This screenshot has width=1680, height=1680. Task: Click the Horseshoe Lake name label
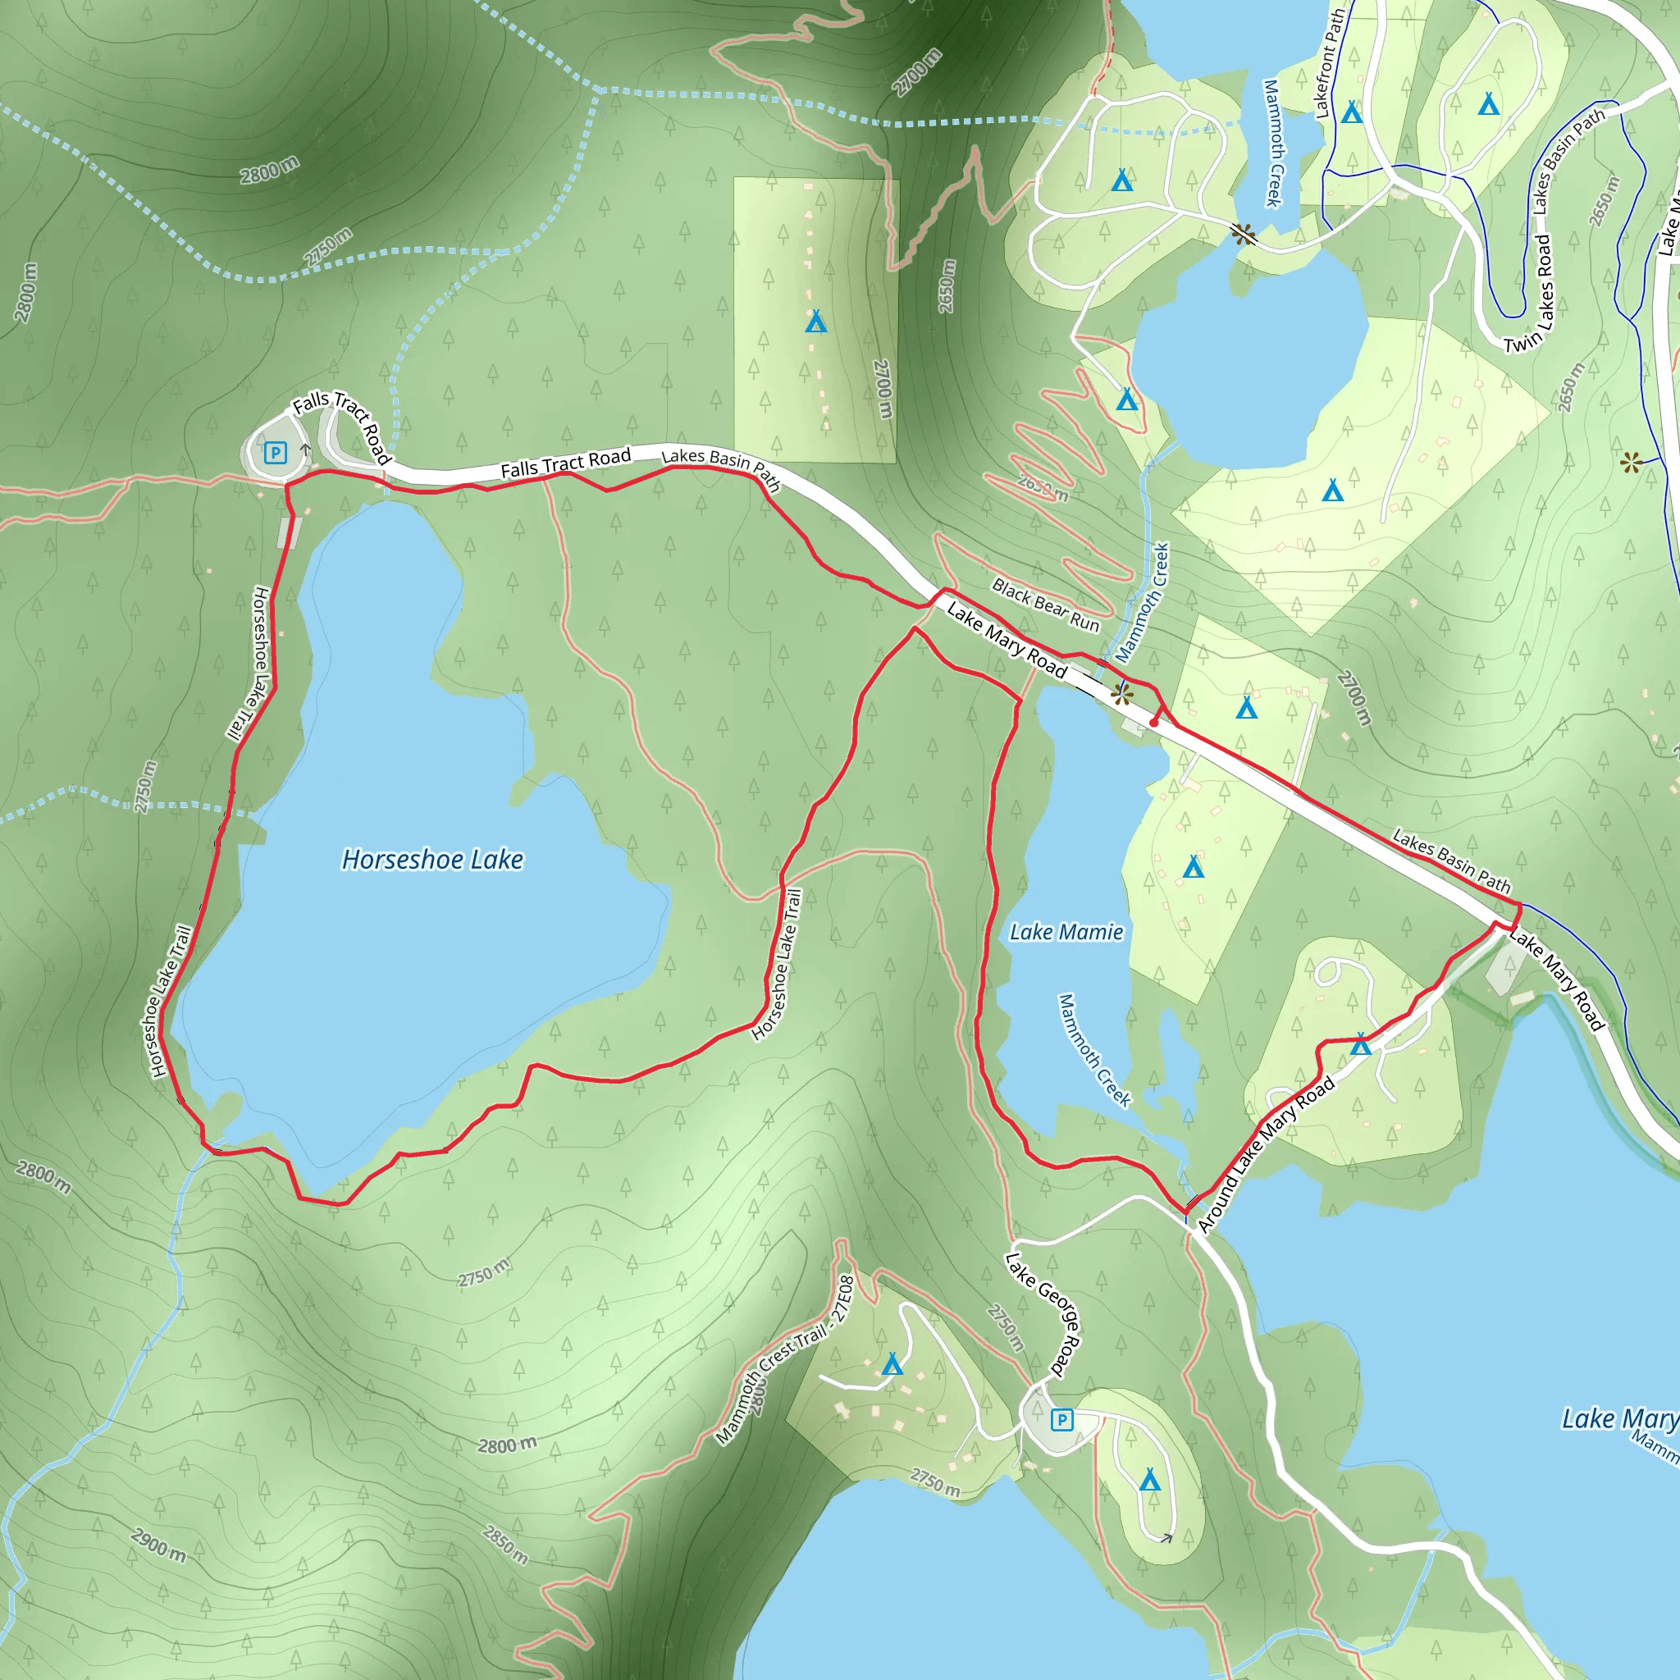pos(432,860)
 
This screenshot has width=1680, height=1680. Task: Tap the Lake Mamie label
pos(1066,932)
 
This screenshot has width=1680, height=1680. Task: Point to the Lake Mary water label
pos(1619,1418)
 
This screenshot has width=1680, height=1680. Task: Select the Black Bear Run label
pos(1045,605)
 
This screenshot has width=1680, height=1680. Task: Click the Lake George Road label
pos(1042,1314)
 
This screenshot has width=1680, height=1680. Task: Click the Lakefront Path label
pos(1330,62)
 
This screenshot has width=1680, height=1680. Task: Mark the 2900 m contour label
pos(158,1545)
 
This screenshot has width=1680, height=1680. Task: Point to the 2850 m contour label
pos(505,1545)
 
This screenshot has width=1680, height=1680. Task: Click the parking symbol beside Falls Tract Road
pos(276,452)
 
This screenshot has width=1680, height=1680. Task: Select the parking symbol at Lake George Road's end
pos(1061,1420)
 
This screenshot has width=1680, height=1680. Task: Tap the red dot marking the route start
pos(1154,723)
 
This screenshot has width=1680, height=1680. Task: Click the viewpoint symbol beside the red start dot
pos(1121,694)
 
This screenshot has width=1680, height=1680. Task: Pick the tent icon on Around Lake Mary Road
pos(1360,1044)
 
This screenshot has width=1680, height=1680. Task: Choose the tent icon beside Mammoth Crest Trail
pos(892,1363)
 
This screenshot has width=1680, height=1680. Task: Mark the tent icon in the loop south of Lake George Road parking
pos(1149,1479)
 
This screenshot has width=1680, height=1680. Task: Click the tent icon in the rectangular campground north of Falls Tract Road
pos(815,322)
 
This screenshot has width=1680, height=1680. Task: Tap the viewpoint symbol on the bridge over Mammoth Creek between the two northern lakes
pos(1244,234)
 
